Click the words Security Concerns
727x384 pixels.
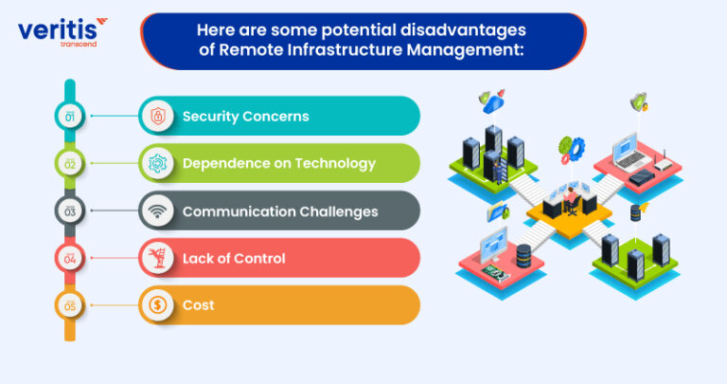click(x=245, y=116)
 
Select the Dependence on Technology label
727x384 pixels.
click(x=278, y=163)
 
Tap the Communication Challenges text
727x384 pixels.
click(x=280, y=210)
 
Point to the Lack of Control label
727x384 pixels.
click(x=233, y=258)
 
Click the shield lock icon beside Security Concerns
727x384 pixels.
click(x=156, y=116)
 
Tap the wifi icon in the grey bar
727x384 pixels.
click(x=156, y=210)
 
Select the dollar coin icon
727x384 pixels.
click(x=156, y=305)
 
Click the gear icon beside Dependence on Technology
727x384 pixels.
click(x=156, y=163)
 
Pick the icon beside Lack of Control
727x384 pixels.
click(x=156, y=258)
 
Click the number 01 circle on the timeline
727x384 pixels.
click(x=69, y=116)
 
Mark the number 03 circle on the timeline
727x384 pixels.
click(x=69, y=210)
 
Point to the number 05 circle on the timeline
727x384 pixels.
click(x=69, y=305)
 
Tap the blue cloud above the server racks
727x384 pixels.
click(x=493, y=103)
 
